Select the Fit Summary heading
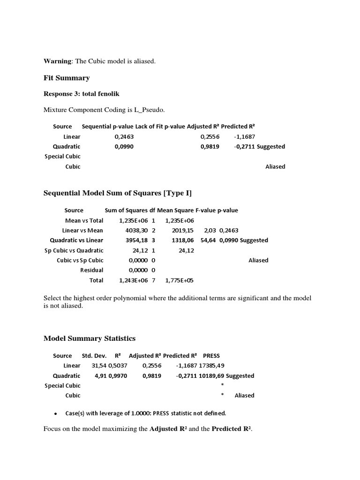[x=66, y=78]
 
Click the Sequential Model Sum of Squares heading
[x=117, y=193]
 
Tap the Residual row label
[x=92, y=270]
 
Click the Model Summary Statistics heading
[x=89, y=338]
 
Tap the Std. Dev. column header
[x=94, y=356]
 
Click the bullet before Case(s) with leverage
[x=55, y=414]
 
